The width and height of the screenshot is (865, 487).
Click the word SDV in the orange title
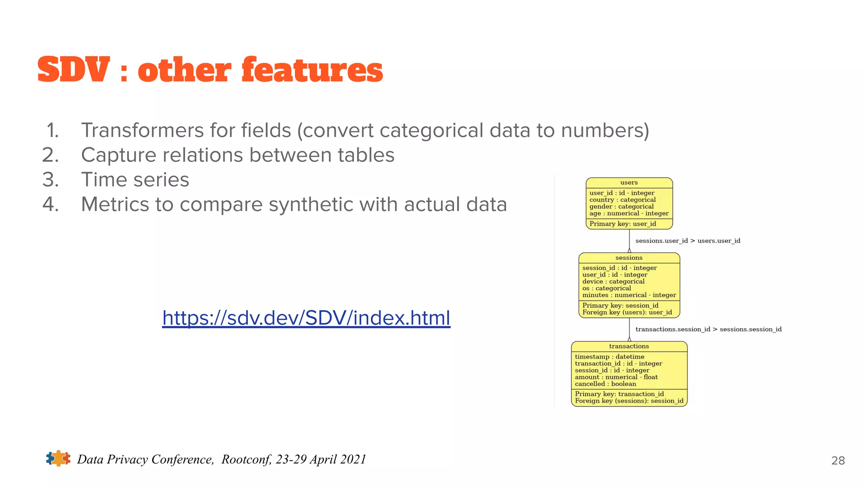tap(73, 70)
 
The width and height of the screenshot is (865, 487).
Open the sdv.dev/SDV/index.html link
tap(306, 318)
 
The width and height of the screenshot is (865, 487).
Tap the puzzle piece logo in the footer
tap(58, 459)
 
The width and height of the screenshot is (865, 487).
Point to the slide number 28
tap(838, 460)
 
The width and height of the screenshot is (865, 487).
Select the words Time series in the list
tap(135, 180)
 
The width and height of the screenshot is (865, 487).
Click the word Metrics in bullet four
tap(114, 205)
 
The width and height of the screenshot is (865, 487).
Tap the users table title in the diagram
tap(629, 183)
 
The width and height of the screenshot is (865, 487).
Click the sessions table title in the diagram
tap(629, 258)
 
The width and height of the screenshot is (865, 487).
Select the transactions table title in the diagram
tap(629, 346)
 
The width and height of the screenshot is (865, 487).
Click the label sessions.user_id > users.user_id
tap(688, 241)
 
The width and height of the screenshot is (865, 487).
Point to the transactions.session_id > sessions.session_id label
tap(708, 329)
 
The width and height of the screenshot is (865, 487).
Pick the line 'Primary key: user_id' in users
tap(623, 224)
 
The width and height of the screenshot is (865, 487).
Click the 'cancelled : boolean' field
tap(605, 384)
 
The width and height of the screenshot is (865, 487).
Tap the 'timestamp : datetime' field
tap(609, 357)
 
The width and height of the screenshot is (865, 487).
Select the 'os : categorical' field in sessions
tap(607, 288)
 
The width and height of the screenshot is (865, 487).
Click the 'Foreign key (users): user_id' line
tap(627, 312)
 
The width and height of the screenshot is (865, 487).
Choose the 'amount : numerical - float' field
tap(616, 377)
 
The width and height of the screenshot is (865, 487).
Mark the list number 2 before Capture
tap(50, 155)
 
